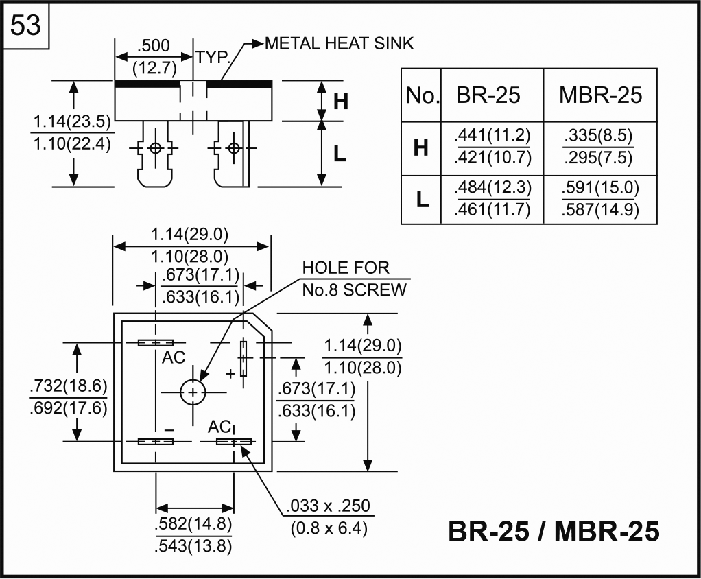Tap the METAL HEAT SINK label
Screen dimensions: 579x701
pos(339,44)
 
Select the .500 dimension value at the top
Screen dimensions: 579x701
pos(153,47)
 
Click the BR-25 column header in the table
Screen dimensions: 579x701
pos(488,95)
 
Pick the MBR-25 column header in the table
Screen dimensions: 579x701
pos(600,95)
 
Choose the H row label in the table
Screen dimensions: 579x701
pos(421,147)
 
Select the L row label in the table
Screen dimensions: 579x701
pos(422,200)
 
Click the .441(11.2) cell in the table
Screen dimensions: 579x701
pos(492,135)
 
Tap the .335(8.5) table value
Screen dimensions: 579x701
pos(597,135)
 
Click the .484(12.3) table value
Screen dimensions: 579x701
pos(492,188)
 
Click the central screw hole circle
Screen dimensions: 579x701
pos(193,392)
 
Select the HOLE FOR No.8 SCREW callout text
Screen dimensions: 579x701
pos(354,279)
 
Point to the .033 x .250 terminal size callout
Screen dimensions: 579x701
pos(329,507)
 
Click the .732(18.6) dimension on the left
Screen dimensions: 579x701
pos(69,386)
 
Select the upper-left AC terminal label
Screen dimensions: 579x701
pos(174,357)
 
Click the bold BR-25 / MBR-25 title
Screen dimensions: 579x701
pos(554,532)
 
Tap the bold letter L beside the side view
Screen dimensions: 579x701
pos(340,155)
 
